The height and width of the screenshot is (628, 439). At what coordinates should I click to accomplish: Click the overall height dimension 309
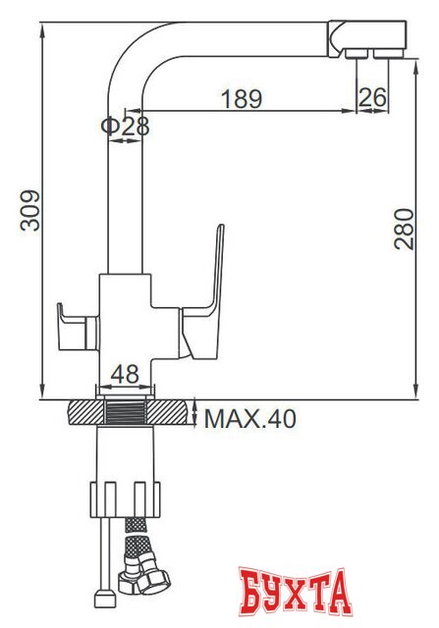(x=31, y=208)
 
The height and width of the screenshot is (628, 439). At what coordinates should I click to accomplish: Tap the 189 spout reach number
(x=241, y=99)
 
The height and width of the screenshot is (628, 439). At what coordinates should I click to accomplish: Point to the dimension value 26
(x=372, y=99)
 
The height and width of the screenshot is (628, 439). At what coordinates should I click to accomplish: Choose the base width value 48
(x=124, y=374)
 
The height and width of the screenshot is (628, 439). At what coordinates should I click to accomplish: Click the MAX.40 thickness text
(x=249, y=419)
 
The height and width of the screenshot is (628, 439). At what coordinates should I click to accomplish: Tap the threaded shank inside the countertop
(x=125, y=413)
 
